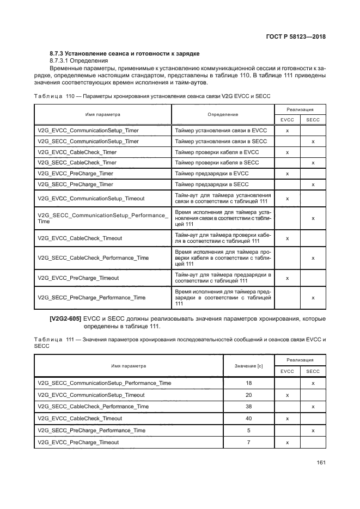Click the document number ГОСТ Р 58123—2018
click(295, 37)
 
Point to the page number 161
click(321, 463)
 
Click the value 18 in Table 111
click(248, 383)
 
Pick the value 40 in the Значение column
click(248, 419)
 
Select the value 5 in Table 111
click(248, 430)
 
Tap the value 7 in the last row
click(248, 442)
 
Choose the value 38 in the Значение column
click(248, 407)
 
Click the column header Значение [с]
click(248, 366)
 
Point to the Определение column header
click(223, 115)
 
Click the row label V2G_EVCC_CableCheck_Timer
click(77, 152)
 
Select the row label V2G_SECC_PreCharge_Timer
click(76, 185)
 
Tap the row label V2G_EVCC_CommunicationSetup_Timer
click(88, 131)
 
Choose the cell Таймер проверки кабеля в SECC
click(217, 163)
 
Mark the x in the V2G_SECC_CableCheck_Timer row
click(313, 163)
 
